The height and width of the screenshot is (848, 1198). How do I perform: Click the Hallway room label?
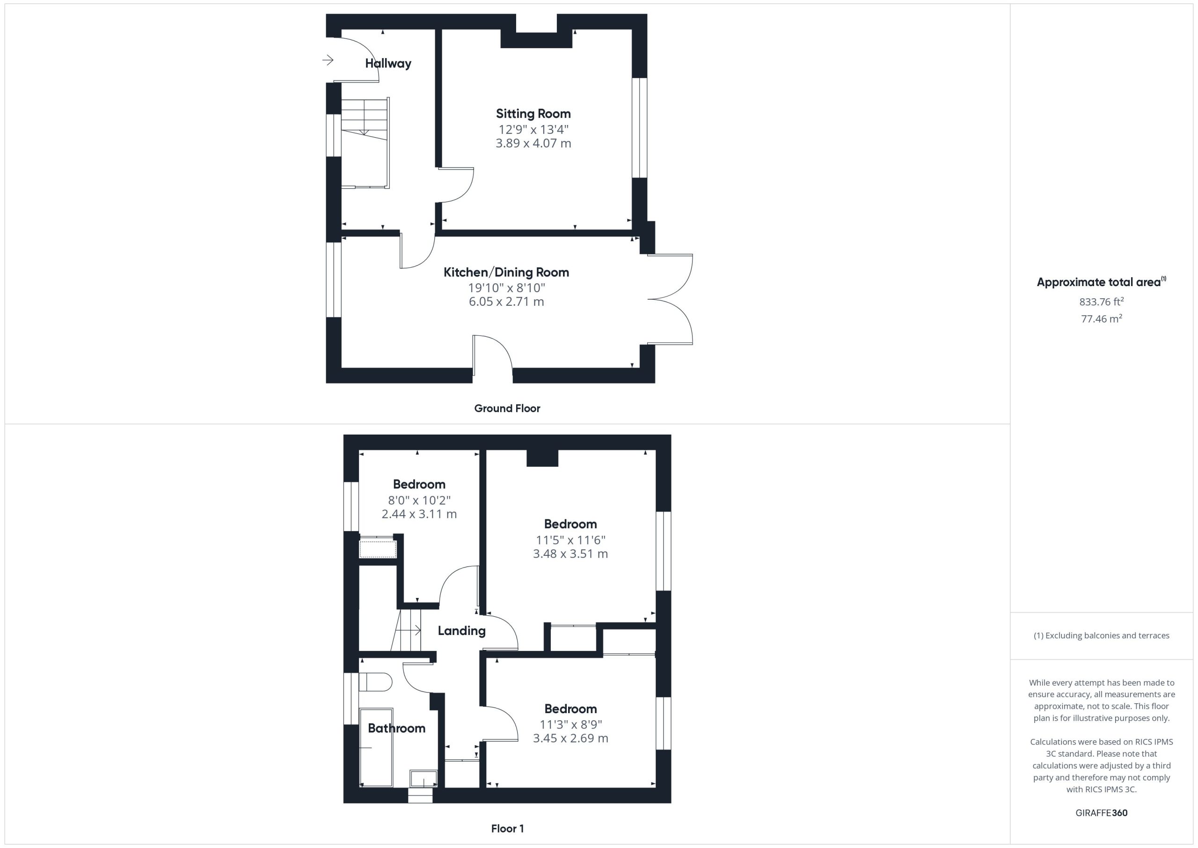coord(388,63)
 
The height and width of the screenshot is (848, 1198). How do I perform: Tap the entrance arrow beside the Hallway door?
coord(328,60)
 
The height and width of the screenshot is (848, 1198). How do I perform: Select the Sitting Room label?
coord(533,114)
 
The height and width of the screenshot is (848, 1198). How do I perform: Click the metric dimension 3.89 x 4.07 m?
coord(533,143)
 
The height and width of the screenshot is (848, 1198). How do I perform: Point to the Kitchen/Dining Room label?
coord(506,272)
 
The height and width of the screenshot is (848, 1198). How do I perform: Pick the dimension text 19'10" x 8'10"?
coord(507,287)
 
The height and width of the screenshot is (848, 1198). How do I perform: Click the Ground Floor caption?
coord(507,408)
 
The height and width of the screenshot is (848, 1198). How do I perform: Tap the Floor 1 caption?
coord(507,828)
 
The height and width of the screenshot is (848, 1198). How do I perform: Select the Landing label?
coord(461,631)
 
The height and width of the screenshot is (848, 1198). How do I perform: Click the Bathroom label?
coord(396,728)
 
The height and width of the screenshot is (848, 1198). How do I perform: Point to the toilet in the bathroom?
coord(376,682)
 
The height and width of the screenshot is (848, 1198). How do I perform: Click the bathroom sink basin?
coord(424,778)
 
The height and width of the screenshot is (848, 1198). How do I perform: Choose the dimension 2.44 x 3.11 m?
coord(419,514)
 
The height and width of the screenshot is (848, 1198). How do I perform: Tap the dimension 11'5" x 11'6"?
coord(570,540)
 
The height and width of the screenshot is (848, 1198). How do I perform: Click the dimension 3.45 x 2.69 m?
coord(570,738)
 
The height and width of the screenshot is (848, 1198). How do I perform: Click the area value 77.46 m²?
coord(1102,318)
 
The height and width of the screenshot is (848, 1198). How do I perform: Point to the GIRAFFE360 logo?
coord(1102,812)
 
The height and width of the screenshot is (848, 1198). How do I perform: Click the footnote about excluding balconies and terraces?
coord(1102,635)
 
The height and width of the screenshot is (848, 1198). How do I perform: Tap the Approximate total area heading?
coord(1102,282)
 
